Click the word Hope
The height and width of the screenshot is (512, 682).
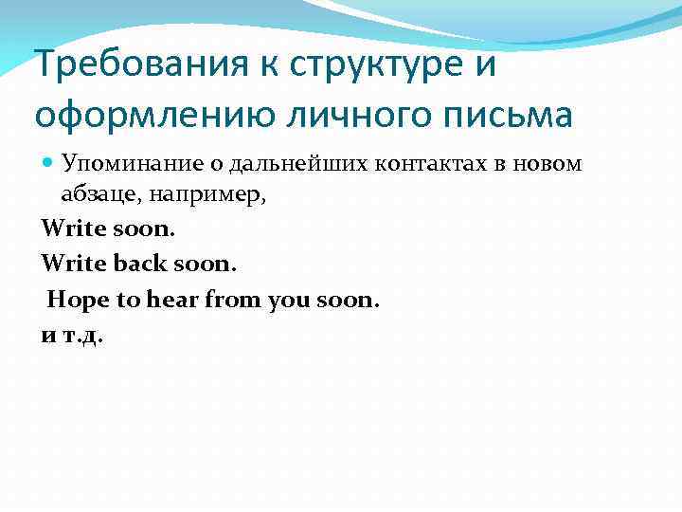73,301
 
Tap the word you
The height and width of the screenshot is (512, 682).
282,301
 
